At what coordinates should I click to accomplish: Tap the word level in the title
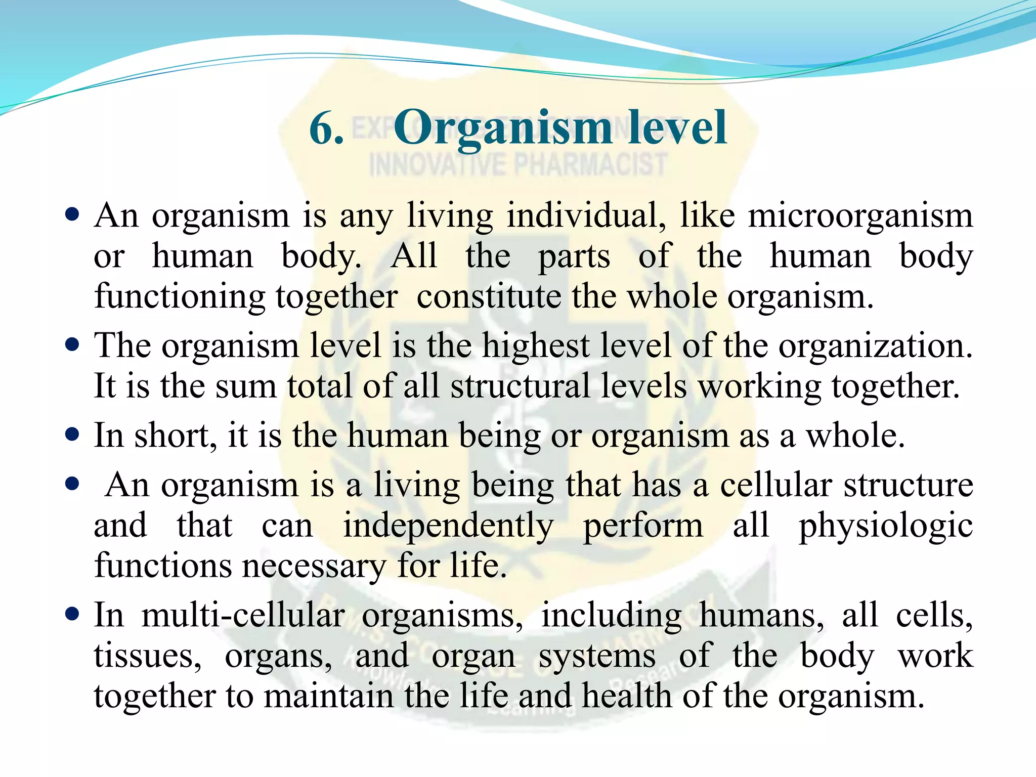[678, 128]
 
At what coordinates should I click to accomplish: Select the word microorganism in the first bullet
[860, 217]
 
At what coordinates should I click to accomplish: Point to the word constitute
[489, 297]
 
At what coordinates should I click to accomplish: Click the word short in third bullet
[175, 436]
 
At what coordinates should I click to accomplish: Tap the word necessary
[314, 567]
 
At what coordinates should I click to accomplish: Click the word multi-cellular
[243, 616]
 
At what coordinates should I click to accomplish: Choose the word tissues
[147, 656]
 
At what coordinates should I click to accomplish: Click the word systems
[597, 657]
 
